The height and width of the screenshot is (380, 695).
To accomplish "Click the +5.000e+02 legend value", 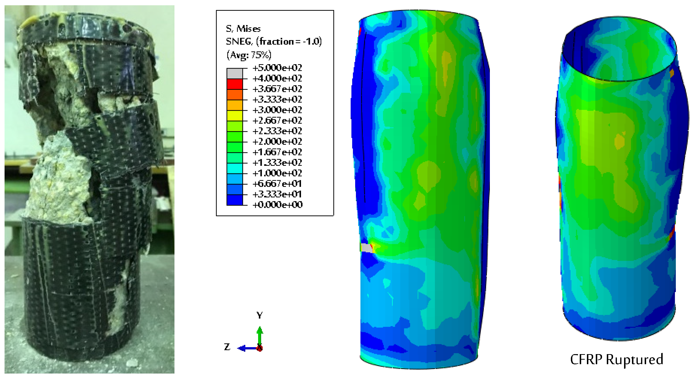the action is pyautogui.click(x=277, y=68).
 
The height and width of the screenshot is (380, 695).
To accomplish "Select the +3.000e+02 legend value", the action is pyautogui.click(x=277, y=110).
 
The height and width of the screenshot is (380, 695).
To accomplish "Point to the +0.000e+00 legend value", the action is pyautogui.click(x=277, y=205).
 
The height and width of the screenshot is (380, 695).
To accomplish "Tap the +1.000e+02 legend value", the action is pyautogui.click(x=277, y=173).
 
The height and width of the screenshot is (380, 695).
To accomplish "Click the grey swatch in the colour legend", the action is pyautogui.click(x=234, y=73).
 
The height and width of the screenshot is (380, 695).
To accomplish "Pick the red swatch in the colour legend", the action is pyautogui.click(x=234, y=84).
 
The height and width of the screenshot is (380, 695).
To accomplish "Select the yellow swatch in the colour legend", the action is pyautogui.click(x=234, y=115).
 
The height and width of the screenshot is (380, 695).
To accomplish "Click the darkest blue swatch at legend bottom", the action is pyautogui.click(x=234, y=200).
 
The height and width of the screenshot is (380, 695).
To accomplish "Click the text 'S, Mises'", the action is pyautogui.click(x=243, y=29).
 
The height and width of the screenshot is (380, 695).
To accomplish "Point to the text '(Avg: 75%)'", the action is pyautogui.click(x=249, y=55).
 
